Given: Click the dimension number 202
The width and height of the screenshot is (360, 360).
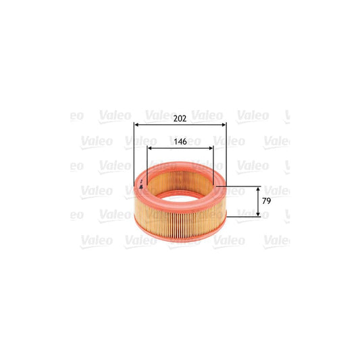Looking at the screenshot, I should tap(180, 119).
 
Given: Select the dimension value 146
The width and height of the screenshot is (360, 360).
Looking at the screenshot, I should tap(180, 142).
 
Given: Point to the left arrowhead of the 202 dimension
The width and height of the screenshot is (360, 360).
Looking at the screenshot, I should tap(137, 126).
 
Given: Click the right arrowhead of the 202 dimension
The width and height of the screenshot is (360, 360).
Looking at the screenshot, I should tap(224, 126).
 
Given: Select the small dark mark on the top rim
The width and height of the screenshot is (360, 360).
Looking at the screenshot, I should tap(141, 186).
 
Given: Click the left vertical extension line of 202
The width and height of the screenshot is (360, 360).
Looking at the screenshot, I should tap(134, 155).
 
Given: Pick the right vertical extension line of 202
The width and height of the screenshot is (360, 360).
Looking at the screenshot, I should tap(226, 155).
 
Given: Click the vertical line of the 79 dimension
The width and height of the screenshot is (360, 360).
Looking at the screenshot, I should tap(258, 201).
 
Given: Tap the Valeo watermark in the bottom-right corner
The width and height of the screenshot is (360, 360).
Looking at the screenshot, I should tap(276, 239).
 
